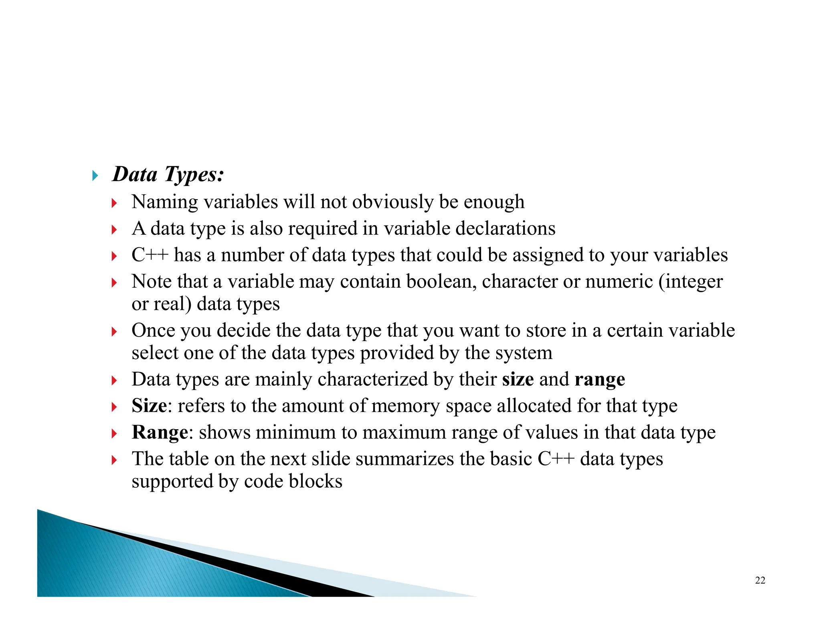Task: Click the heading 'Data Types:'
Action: pyautogui.click(x=168, y=175)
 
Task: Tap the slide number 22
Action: pyautogui.click(x=760, y=580)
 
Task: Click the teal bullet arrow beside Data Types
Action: pyautogui.click(x=95, y=176)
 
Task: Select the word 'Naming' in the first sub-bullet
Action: pyautogui.click(x=165, y=202)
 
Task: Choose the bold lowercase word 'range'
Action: pyautogui.click(x=600, y=379)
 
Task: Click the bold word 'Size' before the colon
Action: pyautogui.click(x=149, y=406)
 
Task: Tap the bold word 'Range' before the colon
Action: pyautogui.click(x=160, y=432)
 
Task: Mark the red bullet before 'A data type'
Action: pyautogui.click(x=114, y=230)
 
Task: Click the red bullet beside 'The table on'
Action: pyautogui.click(x=114, y=460)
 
